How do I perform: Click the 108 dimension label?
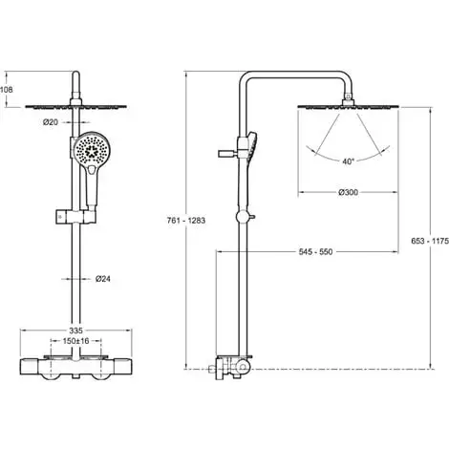(6, 90)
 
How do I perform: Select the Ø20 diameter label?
(51, 121)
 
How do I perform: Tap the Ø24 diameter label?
(103, 279)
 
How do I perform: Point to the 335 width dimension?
(75, 331)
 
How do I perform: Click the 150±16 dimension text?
(75, 341)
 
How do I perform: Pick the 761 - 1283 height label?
(186, 221)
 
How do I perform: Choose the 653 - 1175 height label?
(430, 241)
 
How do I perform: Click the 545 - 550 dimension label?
(315, 252)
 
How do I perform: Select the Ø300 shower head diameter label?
(348, 192)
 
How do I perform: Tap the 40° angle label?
(348, 161)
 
